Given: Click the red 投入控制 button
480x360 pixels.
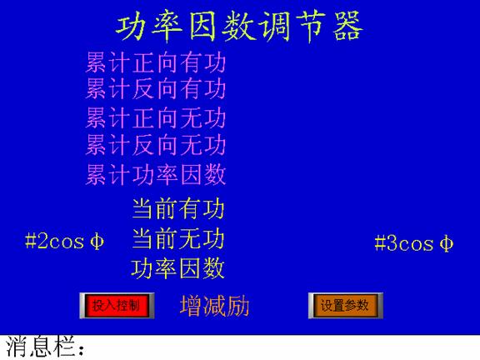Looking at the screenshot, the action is point(117,306).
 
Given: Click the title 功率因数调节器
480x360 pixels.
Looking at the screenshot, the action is point(239,26).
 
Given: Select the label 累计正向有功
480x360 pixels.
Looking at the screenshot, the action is point(156,62).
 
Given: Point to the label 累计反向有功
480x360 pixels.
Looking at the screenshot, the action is point(156,89).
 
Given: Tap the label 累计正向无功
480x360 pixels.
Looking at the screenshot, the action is point(156,117).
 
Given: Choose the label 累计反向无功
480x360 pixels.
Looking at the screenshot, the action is point(156,144).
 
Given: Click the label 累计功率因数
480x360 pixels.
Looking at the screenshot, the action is point(156,174).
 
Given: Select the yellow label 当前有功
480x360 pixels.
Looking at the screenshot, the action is point(178,209).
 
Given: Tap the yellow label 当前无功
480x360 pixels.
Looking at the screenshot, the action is point(178,239).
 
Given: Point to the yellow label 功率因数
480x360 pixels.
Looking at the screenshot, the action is point(178,269).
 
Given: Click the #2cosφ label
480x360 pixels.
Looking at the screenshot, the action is point(65,242).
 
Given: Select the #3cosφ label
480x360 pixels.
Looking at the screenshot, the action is point(414,243).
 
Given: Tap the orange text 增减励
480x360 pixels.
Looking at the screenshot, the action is point(215,306).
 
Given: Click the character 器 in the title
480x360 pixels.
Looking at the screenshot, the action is point(347,27).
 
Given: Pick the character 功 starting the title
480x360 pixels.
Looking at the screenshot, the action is point(131,27).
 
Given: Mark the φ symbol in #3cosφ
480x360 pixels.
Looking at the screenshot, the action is point(447,243).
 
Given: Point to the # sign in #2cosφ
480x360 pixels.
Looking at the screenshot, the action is point(31,242).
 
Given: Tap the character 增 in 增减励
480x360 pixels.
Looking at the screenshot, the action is point(191,306).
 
